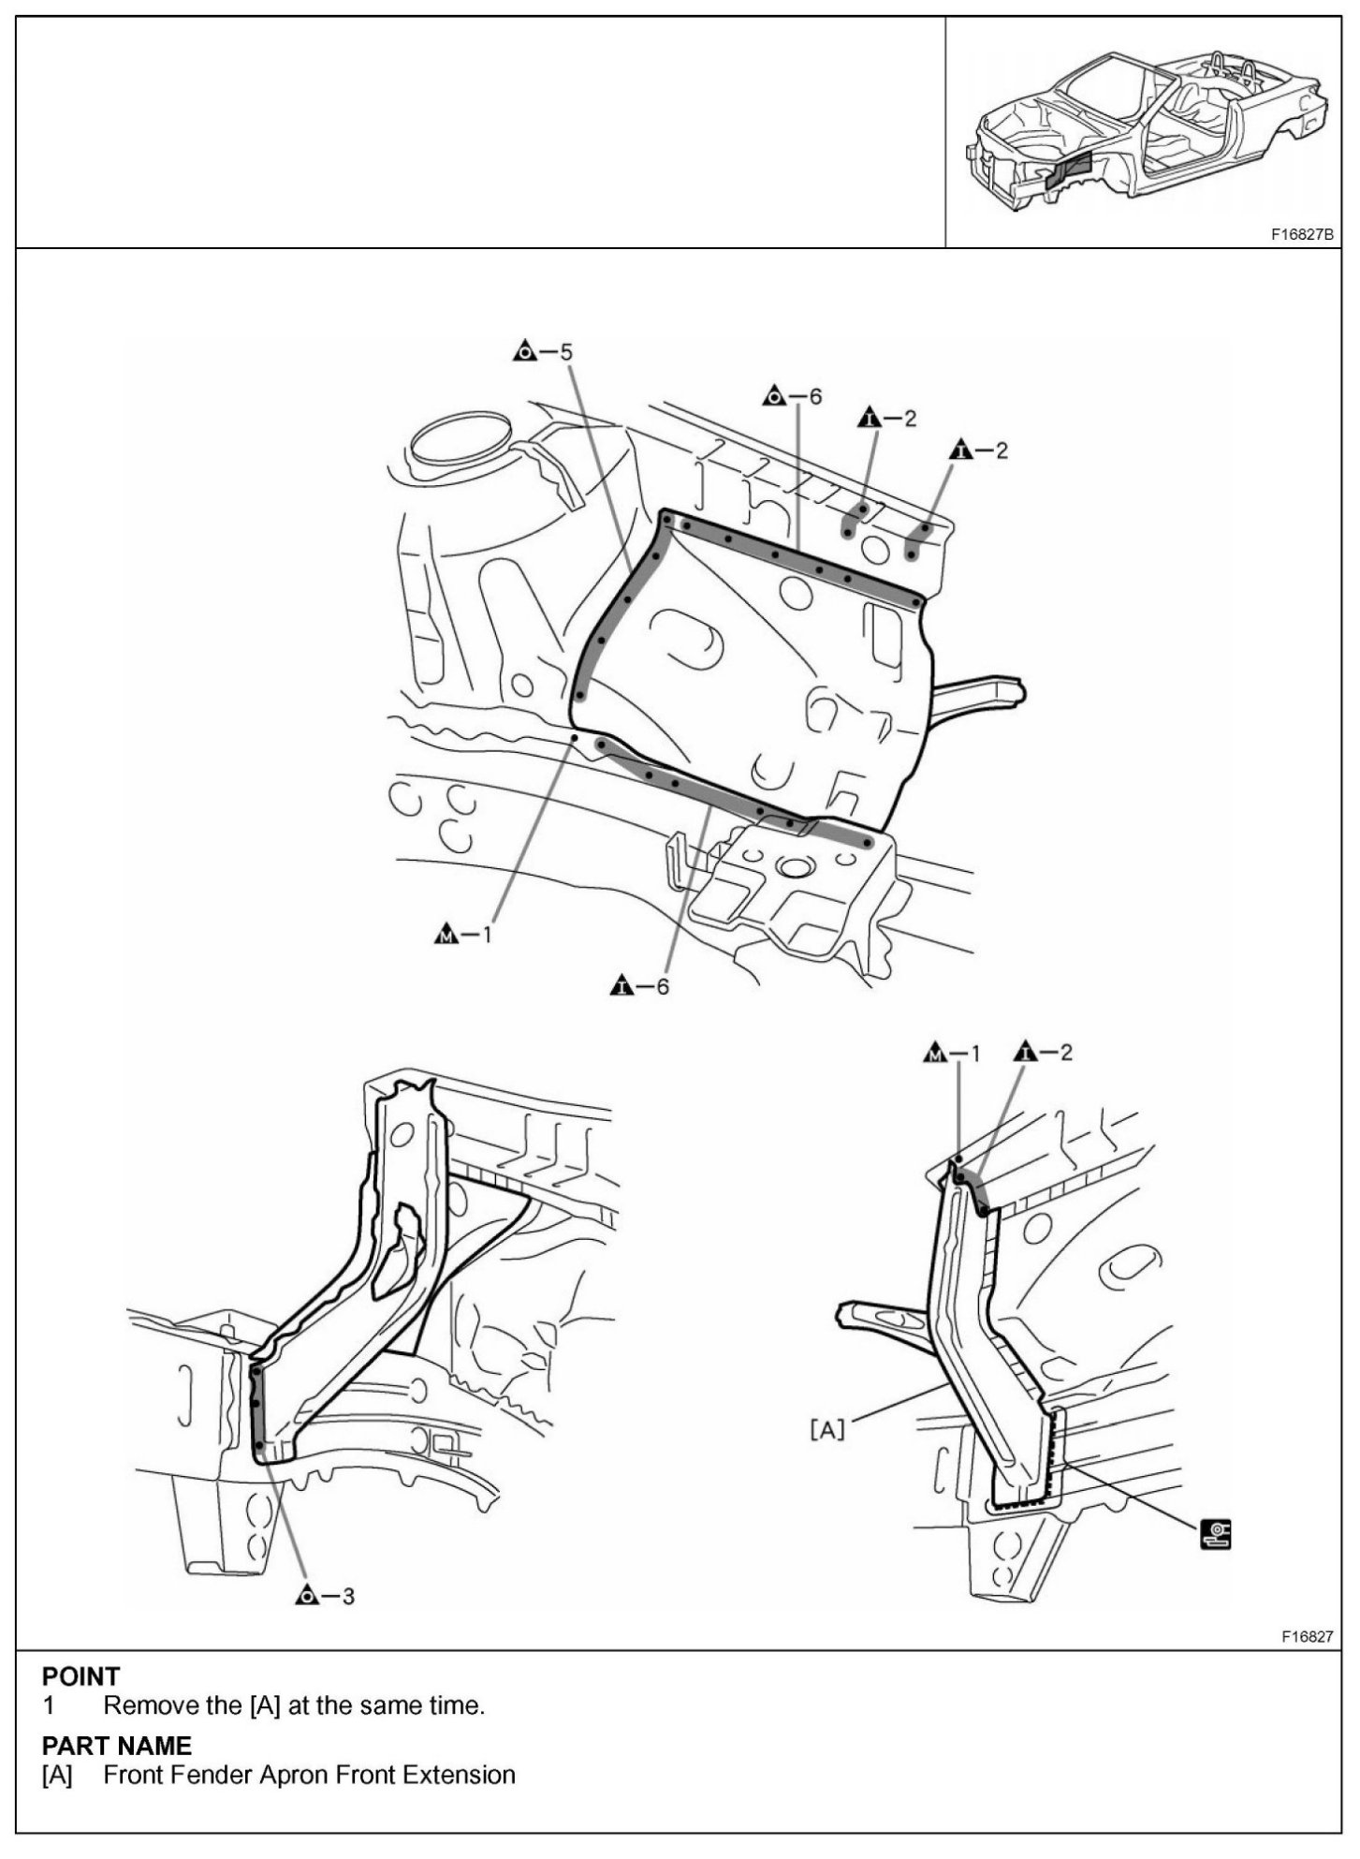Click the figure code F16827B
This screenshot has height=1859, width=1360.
tap(1301, 235)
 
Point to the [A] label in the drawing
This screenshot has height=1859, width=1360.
tap(826, 1429)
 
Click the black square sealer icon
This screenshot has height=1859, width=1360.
tap(1216, 1534)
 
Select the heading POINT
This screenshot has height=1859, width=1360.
tap(80, 1676)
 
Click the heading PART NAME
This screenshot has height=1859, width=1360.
tap(116, 1746)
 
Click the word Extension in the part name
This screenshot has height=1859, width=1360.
tap(459, 1775)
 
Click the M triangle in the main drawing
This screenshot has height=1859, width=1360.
tap(447, 934)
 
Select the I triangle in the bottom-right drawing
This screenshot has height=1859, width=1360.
tap(1027, 1053)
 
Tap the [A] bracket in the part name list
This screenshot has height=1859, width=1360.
tap(57, 1775)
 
